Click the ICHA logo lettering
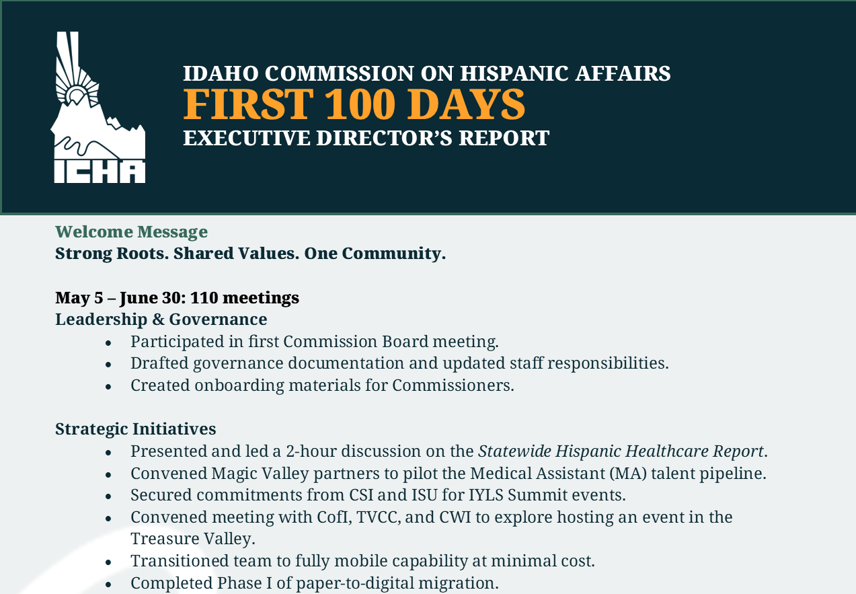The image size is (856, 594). click(100, 171)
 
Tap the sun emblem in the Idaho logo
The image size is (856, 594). click(77, 94)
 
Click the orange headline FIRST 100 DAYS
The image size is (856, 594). click(354, 104)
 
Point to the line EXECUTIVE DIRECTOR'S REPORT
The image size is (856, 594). click(366, 138)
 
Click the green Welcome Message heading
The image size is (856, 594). click(131, 232)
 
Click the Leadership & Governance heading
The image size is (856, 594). click(161, 319)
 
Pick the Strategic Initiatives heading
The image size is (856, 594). click(135, 429)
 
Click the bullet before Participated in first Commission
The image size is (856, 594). click(108, 342)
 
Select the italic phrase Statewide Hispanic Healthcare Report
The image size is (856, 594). click(621, 451)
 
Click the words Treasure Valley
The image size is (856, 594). click(192, 539)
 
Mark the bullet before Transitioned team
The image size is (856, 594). click(108, 562)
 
